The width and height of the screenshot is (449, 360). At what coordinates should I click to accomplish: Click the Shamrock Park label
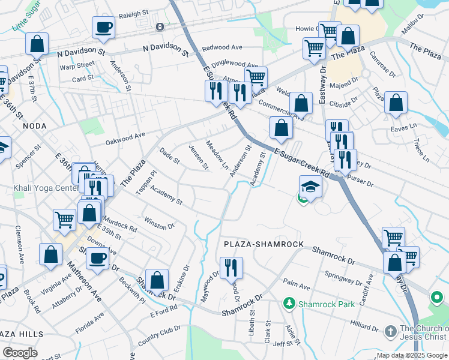coord(318,304)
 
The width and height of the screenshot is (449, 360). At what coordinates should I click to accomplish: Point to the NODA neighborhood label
coord(34,126)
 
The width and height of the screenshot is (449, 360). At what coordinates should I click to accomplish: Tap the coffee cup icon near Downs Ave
coord(98,259)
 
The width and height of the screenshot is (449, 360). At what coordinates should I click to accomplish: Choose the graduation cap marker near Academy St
coord(310,187)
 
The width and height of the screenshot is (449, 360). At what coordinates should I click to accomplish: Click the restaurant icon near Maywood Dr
coord(231,267)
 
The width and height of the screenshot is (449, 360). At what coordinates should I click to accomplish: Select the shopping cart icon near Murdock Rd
coord(64,219)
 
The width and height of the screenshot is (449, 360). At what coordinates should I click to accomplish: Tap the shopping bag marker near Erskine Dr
coord(157,280)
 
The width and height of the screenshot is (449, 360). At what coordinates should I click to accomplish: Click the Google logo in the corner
coord(20,352)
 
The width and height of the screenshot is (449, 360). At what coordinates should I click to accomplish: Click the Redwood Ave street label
coord(222,47)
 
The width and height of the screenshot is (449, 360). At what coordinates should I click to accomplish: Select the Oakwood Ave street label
coord(125,139)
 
